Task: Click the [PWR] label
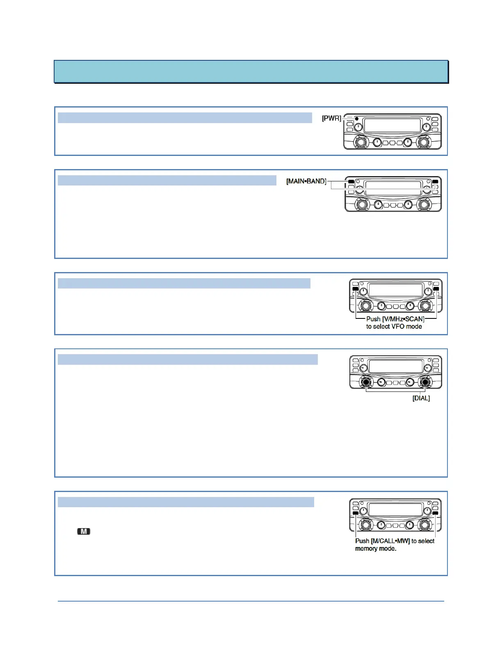(331, 118)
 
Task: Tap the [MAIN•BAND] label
(306, 181)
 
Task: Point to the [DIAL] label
(421, 398)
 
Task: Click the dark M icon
(84, 531)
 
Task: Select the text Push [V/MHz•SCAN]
(395, 319)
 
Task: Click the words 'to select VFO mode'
(394, 327)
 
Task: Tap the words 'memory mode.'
(376, 549)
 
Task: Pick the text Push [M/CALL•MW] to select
(395, 541)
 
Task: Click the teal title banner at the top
(251, 72)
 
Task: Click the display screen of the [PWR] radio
(392, 126)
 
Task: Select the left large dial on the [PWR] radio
(361, 142)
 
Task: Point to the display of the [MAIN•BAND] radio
(393, 188)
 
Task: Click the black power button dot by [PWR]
(356, 119)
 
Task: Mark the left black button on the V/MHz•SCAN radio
(355, 289)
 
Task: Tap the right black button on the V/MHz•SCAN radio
(436, 289)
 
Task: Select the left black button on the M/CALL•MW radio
(355, 513)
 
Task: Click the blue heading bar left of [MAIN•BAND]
(167, 181)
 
